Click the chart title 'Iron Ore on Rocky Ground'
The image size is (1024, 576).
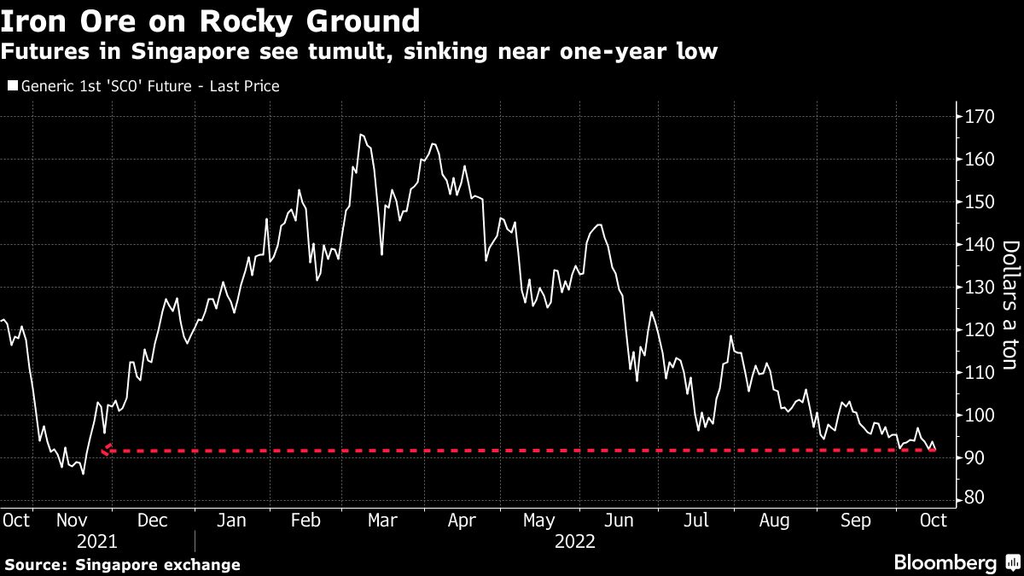point(211,20)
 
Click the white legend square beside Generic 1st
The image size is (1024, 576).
point(11,86)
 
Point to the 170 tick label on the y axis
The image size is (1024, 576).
point(975,117)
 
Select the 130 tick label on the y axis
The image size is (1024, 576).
point(975,288)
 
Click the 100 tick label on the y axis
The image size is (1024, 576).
point(975,416)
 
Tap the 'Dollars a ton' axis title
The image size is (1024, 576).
point(1009,305)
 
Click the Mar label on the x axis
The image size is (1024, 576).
point(382,519)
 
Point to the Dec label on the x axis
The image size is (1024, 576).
point(153,519)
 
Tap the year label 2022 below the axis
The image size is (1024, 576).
point(576,541)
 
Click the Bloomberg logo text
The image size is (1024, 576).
point(945,562)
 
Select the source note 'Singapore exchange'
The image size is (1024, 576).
point(158,565)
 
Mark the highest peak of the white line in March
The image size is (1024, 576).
point(361,134)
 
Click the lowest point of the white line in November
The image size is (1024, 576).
point(83,473)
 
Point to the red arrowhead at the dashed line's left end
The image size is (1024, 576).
point(105,450)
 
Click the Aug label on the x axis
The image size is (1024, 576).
point(774,519)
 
